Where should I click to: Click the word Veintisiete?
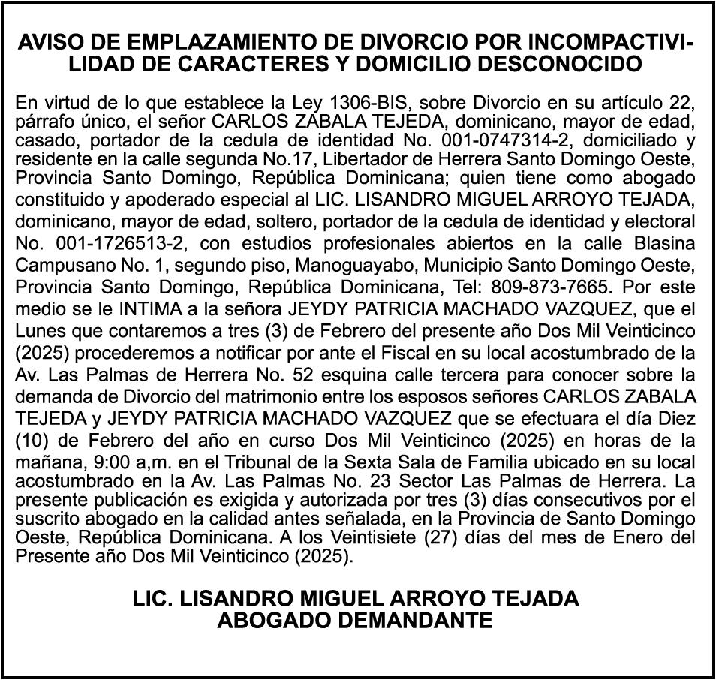(x=381, y=537)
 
